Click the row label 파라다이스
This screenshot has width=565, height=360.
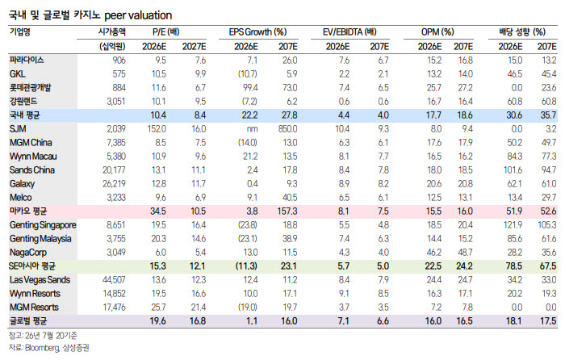[27, 61]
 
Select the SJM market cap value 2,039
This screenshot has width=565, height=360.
[116, 129]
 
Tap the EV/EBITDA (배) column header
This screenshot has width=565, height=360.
[349, 32]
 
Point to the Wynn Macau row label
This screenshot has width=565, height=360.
[33, 157]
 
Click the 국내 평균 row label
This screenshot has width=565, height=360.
[25, 115]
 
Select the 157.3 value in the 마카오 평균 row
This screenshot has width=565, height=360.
[287, 211]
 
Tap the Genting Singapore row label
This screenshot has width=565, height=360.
[43, 225]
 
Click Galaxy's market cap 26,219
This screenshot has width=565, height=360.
[115, 184]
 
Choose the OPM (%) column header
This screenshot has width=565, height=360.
[437, 32]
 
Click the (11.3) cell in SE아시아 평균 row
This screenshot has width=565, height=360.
[246, 266]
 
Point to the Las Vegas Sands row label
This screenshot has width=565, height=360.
[40, 280]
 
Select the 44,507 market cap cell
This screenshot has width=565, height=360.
[115, 280]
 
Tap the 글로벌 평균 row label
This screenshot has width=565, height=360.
[27, 321]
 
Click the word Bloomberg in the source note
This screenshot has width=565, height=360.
[42, 348]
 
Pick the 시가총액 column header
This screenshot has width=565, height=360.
[112, 32]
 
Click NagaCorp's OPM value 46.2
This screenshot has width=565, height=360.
[434, 253]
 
